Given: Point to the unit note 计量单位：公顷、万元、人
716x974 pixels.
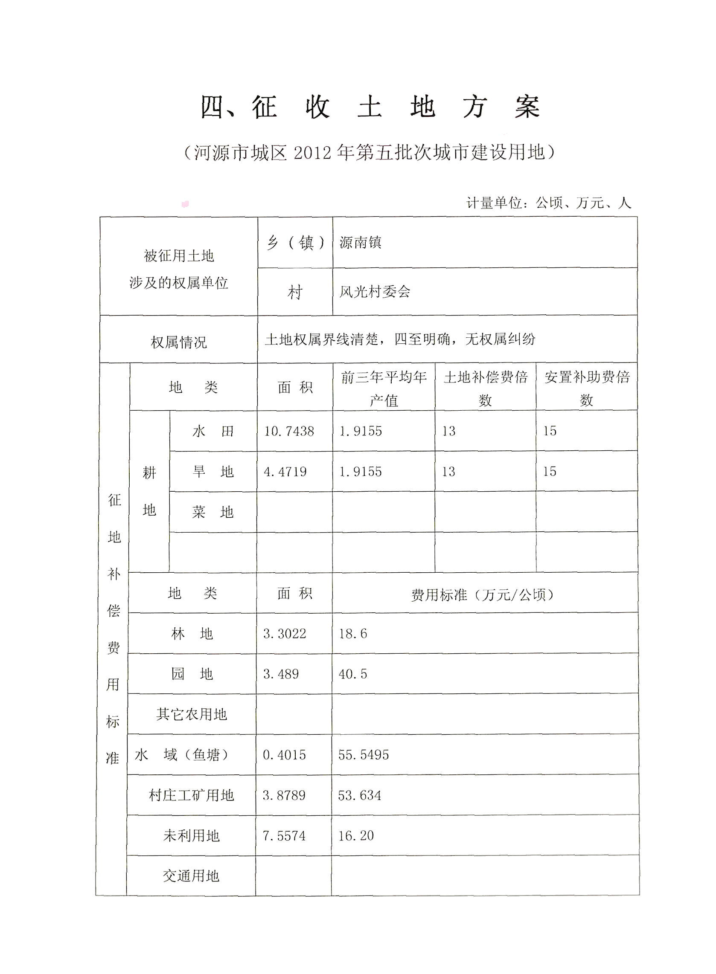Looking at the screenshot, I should coord(549,203).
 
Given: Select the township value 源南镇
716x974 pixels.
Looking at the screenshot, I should coord(360,243).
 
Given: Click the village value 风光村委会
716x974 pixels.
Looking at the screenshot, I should coord(375,292).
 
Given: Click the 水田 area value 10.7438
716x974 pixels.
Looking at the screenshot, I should coord(289,431).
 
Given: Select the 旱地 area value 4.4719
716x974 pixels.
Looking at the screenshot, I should coord(285,471).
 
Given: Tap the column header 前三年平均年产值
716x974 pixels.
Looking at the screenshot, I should coord(384,388).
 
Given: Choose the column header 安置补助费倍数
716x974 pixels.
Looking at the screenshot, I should coord(587,388).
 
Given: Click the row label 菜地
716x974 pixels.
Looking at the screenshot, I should coord(213,512).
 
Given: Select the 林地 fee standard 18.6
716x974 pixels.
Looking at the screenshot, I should coord(353,634).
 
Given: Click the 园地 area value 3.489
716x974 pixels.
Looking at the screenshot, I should coord(281,674).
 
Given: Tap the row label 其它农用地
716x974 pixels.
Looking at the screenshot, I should coord(192,714).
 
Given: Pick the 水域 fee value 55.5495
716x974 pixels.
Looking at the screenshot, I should coord(363,755).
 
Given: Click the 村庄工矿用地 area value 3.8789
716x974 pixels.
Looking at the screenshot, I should coord(284,795).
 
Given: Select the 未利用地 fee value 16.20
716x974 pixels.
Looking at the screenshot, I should coord(356,835).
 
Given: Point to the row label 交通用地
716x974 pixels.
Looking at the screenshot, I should coord(191,876).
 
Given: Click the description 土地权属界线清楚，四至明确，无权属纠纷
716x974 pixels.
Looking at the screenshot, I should coord(400,339).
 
